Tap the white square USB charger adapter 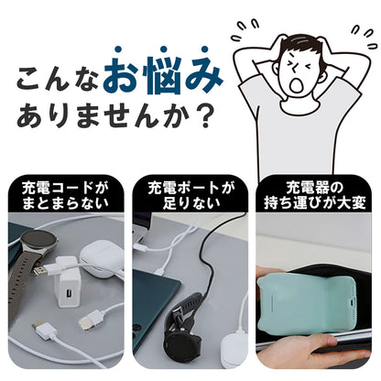[67, 294]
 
